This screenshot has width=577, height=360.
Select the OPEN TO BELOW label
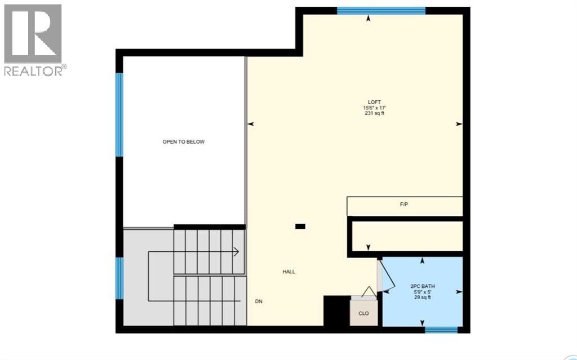point(184,142)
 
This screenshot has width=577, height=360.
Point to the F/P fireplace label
point(403,205)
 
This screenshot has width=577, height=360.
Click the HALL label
point(289,272)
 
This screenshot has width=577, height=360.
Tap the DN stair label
point(259,301)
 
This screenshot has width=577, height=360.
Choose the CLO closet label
point(364,314)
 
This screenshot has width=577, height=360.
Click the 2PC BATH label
point(423,286)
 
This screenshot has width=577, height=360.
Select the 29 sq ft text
point(423,297)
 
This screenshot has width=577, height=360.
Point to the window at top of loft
point(381,10)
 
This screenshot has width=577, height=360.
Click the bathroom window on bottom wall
point(441,330)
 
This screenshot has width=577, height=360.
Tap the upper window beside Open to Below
point(119,114)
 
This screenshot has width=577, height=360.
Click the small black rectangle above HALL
point(300,226)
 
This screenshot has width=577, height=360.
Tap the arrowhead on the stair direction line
point(236,251)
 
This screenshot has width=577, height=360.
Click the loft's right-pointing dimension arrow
point(459,124)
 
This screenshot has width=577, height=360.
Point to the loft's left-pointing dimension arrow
point(251,124)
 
